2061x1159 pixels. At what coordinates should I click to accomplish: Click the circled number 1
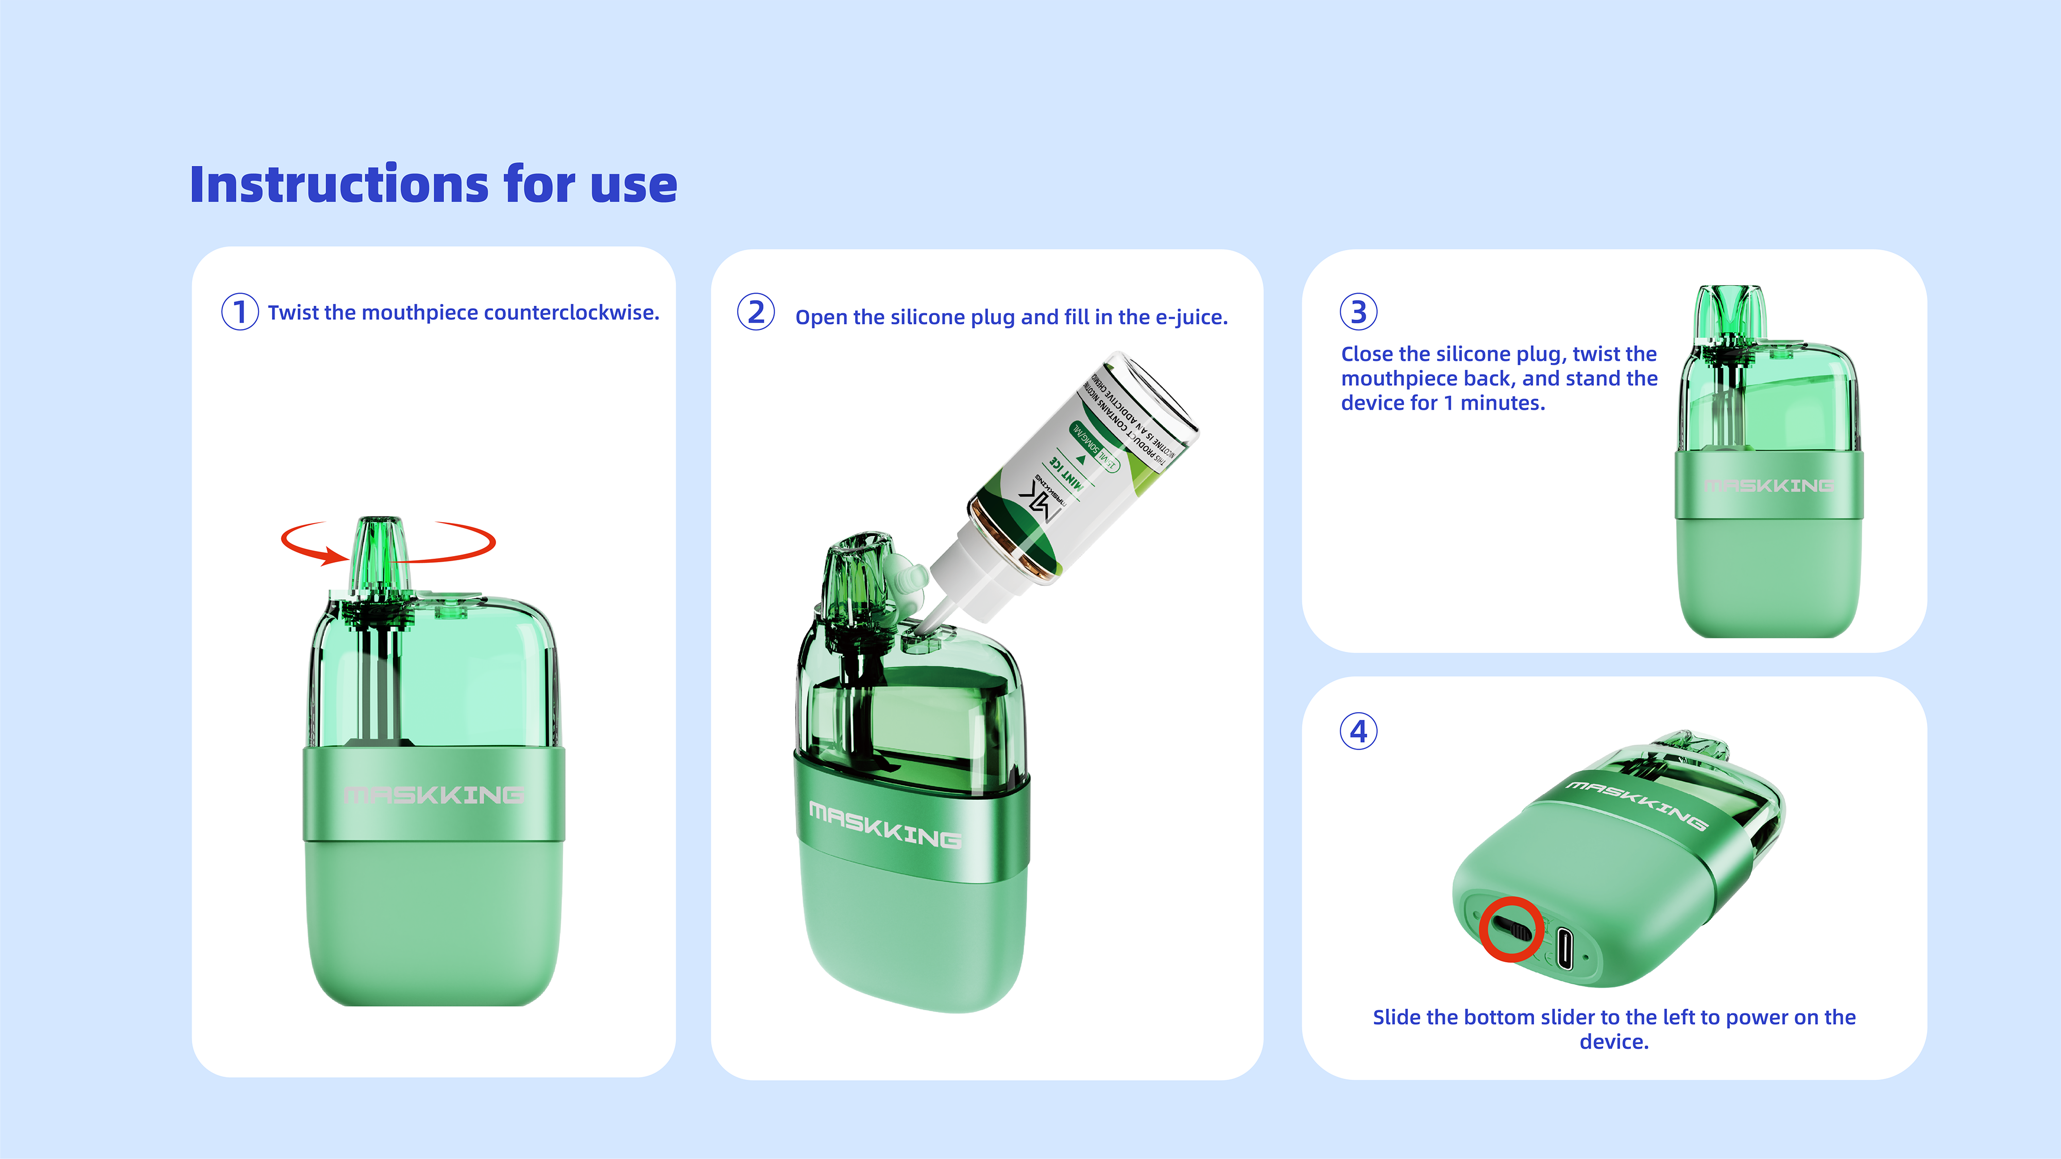239,312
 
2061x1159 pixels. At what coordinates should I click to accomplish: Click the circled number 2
755,312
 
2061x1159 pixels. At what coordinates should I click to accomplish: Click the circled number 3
1358,312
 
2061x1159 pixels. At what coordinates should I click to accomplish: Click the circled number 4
1358,731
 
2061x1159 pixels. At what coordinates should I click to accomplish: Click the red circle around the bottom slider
1510,929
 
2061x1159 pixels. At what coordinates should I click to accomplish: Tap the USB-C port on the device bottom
1564,948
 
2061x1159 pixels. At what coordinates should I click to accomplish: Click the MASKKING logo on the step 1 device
434,795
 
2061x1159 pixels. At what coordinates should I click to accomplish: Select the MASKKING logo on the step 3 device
1768,486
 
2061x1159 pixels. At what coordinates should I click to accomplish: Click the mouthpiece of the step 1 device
380,552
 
